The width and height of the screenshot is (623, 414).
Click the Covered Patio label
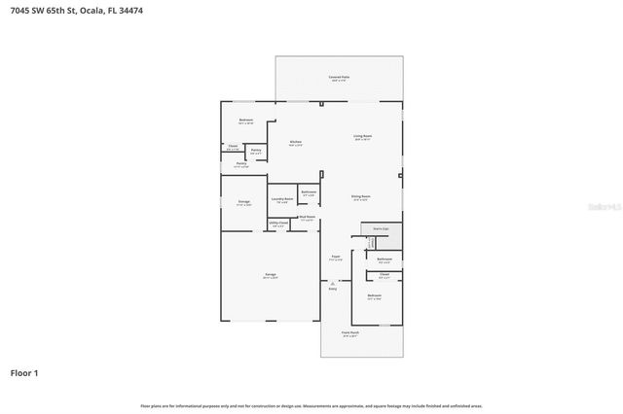(339, 76)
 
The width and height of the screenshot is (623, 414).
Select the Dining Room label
(361, 196)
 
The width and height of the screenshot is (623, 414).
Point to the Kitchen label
(295, 142)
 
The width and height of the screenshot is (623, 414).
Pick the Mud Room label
(307, 217)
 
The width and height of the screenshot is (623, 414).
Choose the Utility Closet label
(277, 223)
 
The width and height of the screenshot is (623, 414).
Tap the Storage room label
(243, 202)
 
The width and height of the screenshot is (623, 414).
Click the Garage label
(270, 275)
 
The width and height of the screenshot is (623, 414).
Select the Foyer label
(334, 258)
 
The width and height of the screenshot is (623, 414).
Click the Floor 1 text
(24, 372)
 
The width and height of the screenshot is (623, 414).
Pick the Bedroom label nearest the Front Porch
(374, 295)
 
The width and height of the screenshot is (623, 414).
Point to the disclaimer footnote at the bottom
(311, 405)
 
